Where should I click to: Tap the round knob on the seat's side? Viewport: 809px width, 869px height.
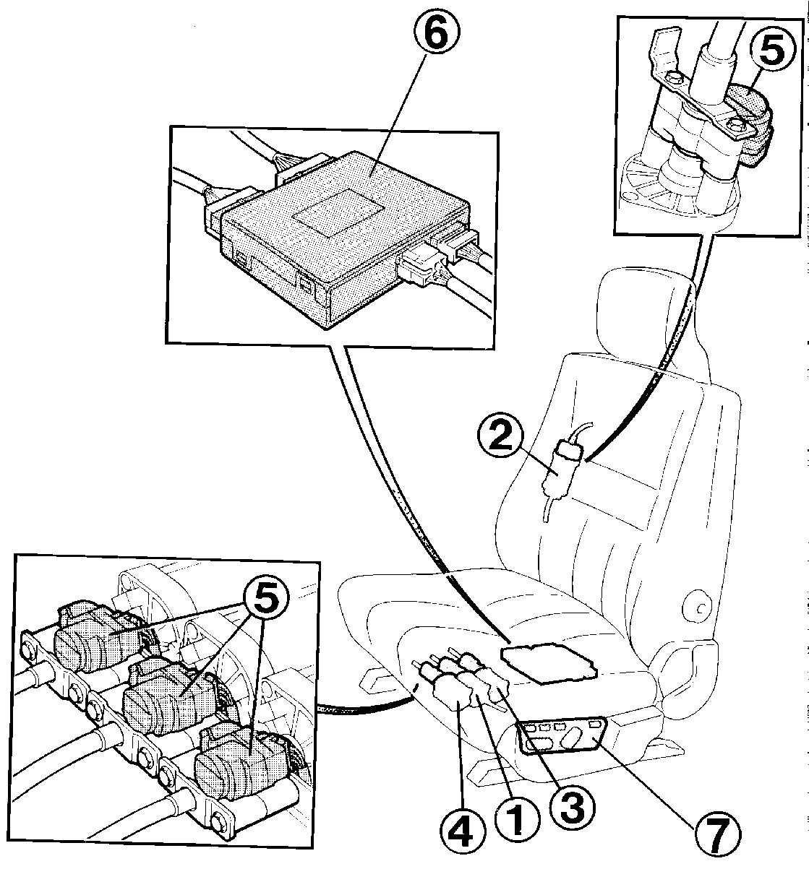click(700, 607)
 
